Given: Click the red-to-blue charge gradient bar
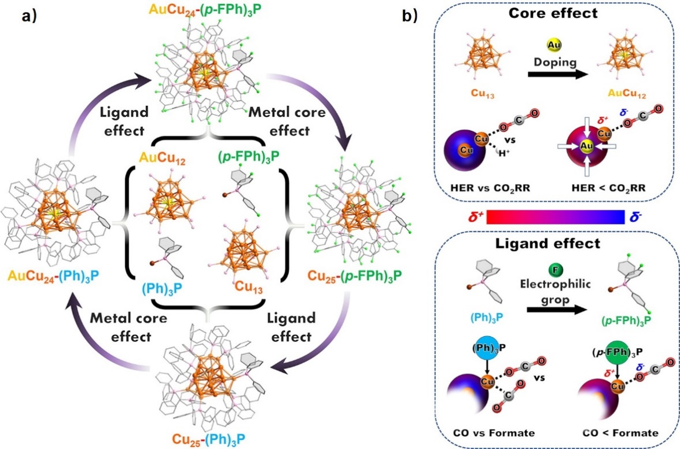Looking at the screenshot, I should point(556,216).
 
